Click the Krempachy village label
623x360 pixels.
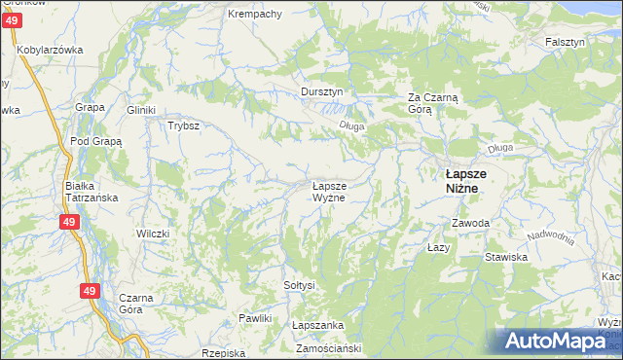pyautogui.click(x=254, y=14)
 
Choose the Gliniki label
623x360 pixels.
pyautogui.click(x=141, y=110)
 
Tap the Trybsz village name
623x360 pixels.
pyautogui.click(x=183, y=126)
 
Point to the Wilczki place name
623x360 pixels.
pyautogui.click(x=153, y=234)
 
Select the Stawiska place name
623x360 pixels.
pyautogui.click(x=506, y=258)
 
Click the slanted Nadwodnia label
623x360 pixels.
pyautogui.click(x=551, y=239)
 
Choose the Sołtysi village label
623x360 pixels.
pyautogui.click(x=299, y=285)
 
